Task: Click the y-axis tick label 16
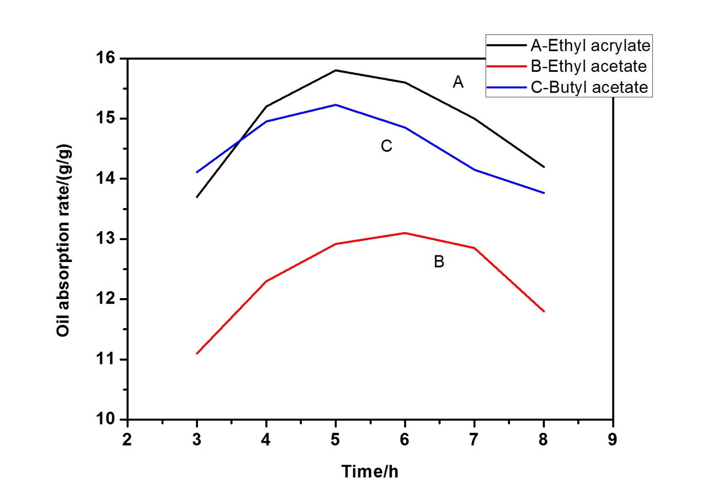pos(105,58)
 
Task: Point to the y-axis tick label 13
pos(105,238)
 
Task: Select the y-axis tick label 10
pos(105,419)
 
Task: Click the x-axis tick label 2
pos(127,440)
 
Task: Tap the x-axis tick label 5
pos(335,440)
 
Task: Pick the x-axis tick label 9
pos(612,440)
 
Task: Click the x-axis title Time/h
pos(370,472)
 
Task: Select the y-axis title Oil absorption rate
pos(63,240)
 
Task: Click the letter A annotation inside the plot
pos(458,82)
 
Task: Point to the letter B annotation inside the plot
pos(439,262)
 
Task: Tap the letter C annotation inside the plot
pos(386,146)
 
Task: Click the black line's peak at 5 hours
pos(336,70)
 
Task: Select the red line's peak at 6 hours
pos(405,233)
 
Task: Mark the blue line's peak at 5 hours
pos(336,105)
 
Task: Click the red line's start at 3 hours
pos(197,353)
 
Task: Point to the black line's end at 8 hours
pos(544,167)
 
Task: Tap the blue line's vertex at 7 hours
pos(474,170)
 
